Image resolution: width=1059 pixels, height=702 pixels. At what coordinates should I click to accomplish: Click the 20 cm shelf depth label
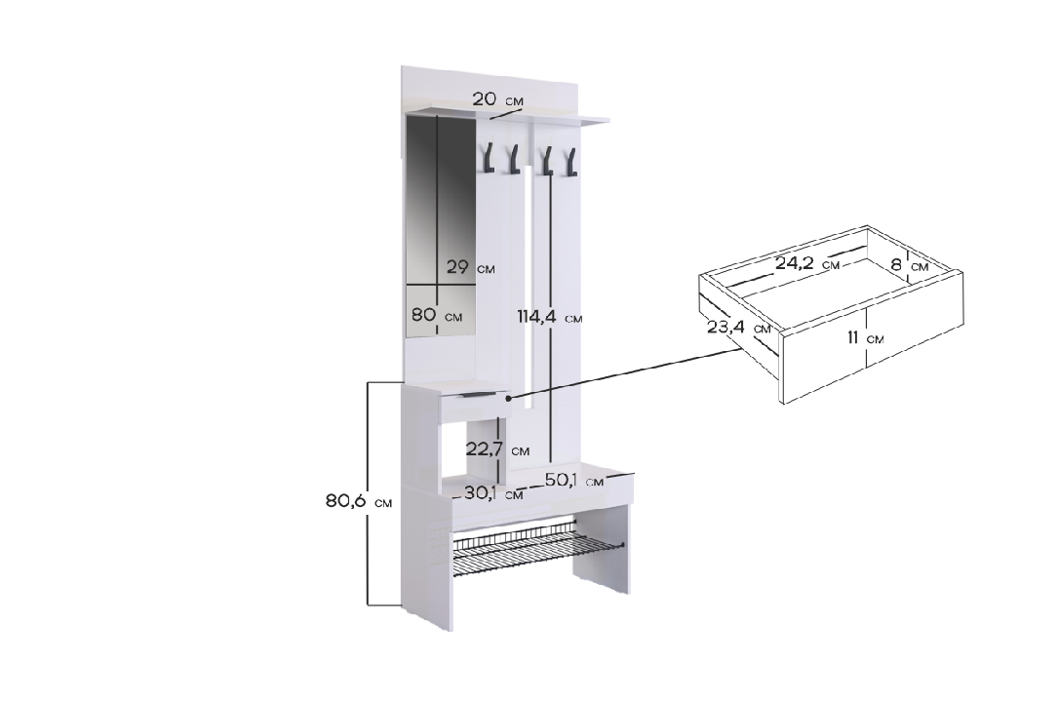click(x=496, y=99)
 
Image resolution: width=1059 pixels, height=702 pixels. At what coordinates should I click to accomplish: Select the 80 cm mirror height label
click(x=437, y=315)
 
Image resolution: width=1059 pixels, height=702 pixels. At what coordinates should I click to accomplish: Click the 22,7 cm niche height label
click(x=497, y=448)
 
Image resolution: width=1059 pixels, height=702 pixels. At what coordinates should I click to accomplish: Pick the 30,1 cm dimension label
click(x=492, y=493)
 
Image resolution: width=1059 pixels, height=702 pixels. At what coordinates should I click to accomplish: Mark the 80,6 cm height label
click(x=358, y=501)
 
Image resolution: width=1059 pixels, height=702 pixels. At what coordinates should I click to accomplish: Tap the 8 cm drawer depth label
click(x=909, y=264)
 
